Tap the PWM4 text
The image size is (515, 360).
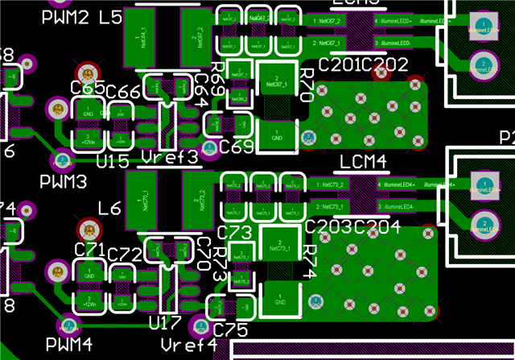tap(69, 345)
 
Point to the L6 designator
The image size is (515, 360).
tap(109, 209)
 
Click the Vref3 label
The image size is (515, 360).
tap(169, 156)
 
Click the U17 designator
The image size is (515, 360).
tap(165, 324)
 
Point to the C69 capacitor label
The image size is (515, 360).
tap(237, 147)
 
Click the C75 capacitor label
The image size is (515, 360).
tap(231, 329)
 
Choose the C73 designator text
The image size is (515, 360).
tap(235, 232)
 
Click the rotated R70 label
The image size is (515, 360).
tap(306, 85)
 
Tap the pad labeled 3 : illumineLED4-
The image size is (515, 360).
tap(395, 207)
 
